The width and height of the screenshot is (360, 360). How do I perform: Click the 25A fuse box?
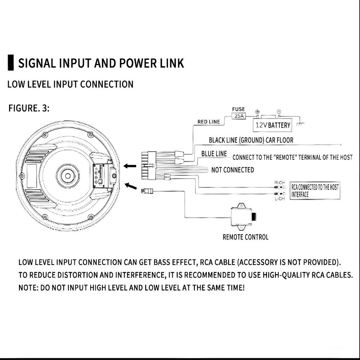click(x=239, y=116)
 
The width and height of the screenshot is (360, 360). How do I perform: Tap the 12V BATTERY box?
click(x=273, y=125)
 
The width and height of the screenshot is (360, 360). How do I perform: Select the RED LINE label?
click(x=208, y=122)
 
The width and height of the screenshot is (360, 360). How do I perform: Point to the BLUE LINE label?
click(x=214, y=154)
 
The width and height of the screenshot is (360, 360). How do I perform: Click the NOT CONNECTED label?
click(x=232, y=170)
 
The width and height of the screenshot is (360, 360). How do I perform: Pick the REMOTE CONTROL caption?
click(x=245, y=237)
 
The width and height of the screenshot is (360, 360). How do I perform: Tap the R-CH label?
click(x=279, y=182)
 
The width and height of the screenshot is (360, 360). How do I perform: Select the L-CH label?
click(x=279, y=199)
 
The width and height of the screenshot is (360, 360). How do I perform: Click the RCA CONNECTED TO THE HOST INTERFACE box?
click(x=315, y=191)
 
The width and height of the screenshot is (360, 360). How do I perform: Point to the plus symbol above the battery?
click(x=257, y=111)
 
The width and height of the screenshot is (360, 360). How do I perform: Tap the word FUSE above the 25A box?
click(x=238, y=109)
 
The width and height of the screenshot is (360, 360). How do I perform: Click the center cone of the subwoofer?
click(x=66, y=175)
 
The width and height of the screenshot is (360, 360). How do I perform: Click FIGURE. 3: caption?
click(x=29, y=108)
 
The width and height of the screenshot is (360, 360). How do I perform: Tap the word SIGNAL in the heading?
click(x=37, y=63)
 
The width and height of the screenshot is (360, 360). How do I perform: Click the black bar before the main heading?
click(x=11, y=63)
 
